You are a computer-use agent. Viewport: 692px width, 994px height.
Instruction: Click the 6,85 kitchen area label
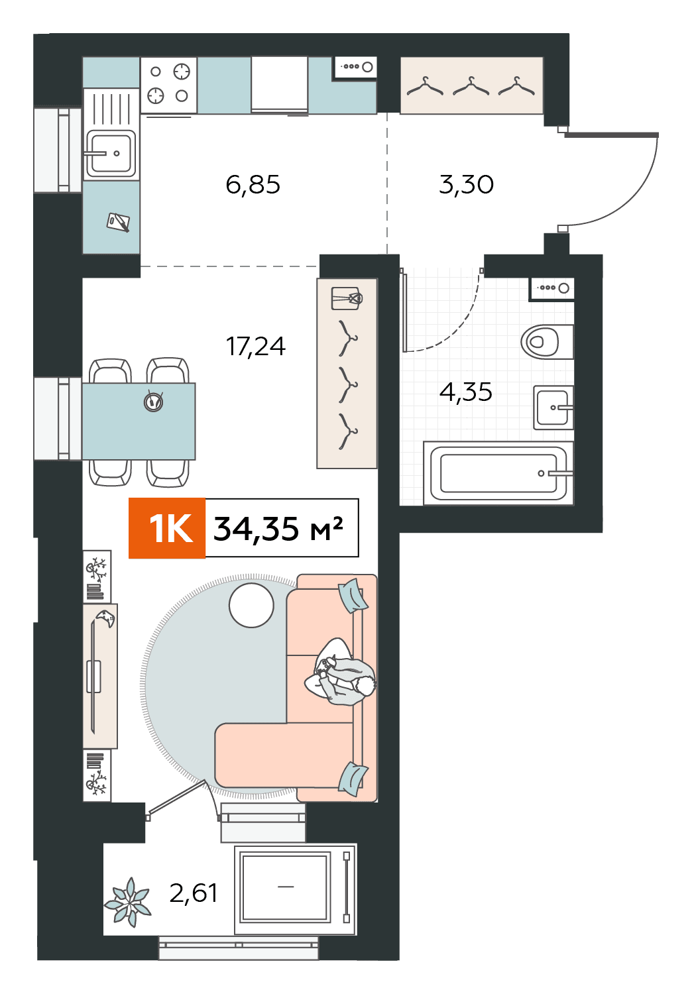pyautogui.click(x=253, y=185)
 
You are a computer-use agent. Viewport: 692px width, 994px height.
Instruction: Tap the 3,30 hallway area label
pyautogui.click(x=466, y=185)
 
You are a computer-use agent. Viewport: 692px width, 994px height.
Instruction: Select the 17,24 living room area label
pyautogui.click(x=256, y=347)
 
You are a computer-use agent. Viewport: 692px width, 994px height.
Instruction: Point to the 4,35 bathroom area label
pyautogui.click(x=465, y=392)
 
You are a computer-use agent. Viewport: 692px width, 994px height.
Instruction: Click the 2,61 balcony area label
pyautogui.click(x=194, y=893)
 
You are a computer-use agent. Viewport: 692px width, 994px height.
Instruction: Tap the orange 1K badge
pyautogui.click(x=167, y=528)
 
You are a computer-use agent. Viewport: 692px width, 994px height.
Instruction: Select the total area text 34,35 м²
pyautogui.click(x=278, y=529)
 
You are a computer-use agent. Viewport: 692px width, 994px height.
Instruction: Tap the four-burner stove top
pyautogui.click(x=168, y=85)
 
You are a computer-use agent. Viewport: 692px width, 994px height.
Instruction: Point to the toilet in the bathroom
pyautogui.click(x=546, y=341)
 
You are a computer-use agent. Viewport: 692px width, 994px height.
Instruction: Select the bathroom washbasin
pyautogui.click(x=553, y=408)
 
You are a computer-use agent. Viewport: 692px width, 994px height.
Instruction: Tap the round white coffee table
pyautogui.click(x=251, y=605)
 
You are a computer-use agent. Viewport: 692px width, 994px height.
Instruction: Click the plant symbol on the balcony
pyautogui.click(x=128, y=903)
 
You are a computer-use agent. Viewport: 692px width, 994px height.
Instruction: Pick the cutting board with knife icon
pyautogui.click(x=119, y=222)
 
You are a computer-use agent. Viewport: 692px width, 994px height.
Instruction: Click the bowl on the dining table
pyautogui.click(x=154, y=402)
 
